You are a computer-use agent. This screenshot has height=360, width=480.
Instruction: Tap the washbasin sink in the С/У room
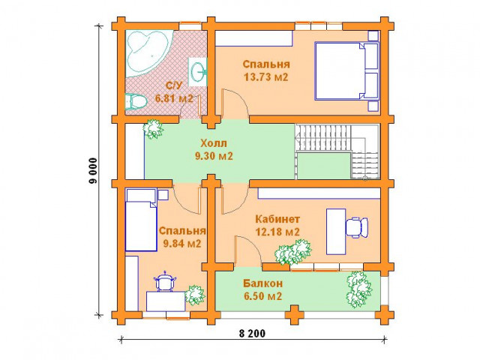pos(197,72)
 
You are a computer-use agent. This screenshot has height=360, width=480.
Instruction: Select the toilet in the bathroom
pos(135,101)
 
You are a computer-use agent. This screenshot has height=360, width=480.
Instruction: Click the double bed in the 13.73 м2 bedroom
pos(346,71)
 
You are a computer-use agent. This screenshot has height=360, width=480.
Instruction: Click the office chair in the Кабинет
pos(357,227)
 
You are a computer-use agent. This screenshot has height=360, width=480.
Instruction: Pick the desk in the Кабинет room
pos(336,232)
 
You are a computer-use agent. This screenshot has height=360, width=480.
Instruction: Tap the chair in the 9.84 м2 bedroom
pos(166,281)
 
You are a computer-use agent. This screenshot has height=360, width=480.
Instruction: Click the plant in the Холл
pos(153,129)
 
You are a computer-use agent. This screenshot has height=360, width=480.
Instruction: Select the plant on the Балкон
pos(358,289)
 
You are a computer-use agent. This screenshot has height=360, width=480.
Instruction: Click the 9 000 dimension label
pos(93,171)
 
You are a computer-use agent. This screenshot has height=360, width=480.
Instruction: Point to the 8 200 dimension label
pos(252,333)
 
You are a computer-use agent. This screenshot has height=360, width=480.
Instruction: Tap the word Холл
pos(214,143)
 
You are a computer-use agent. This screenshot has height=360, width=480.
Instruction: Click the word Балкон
pos(262,283)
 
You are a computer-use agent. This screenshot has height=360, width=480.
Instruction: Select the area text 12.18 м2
pos(277,232)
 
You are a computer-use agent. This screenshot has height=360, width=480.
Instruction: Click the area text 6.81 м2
pos(174,98)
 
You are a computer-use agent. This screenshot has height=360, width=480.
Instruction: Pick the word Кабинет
pos(277,219)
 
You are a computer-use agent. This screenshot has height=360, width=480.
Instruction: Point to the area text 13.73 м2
pos(266,76)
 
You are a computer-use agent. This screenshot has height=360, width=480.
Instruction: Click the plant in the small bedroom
pos(195,295)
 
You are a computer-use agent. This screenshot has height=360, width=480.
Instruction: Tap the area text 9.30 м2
pos(214,156)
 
